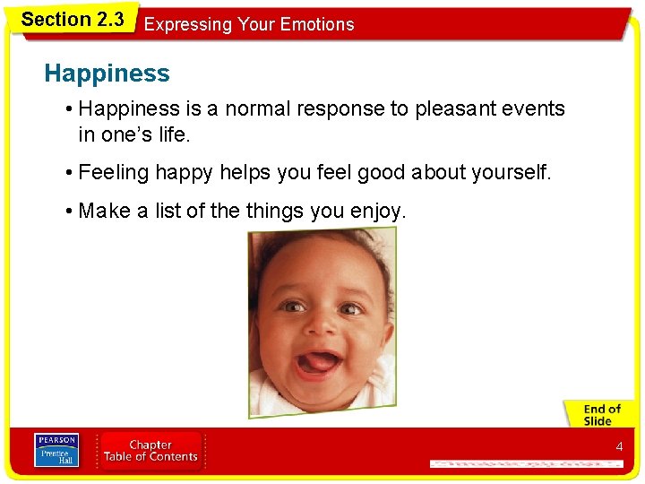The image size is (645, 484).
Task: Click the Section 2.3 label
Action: (72, 19)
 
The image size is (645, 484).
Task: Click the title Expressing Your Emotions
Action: (249, 24)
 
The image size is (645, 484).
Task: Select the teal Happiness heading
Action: (107, 73)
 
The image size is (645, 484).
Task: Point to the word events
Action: (537, 109)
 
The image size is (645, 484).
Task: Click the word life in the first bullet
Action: (175, 135)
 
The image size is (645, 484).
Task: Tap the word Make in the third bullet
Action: (105, 212)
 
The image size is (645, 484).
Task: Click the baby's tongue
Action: (316, 362)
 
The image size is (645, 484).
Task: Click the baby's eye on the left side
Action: (291, 305)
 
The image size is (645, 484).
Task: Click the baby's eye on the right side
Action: (350, 308)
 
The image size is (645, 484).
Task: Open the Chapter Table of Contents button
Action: (150, 451)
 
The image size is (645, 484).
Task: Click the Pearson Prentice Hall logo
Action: (56, 450)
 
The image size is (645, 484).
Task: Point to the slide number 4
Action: (618, 446)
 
